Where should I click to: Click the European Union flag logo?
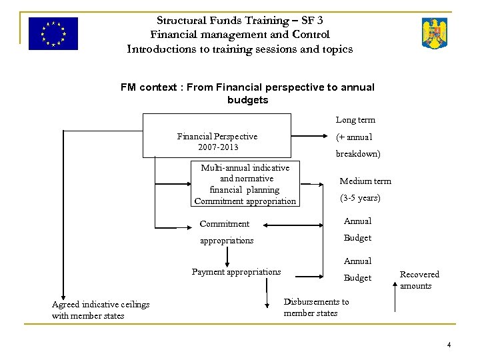click(53, 33)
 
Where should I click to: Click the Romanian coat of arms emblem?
click(435, 33)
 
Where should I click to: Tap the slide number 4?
click(449, 345)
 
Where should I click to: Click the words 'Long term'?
click(355, 120)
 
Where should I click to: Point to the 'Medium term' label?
click(365, 181)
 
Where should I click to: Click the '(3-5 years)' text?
click(360, 198)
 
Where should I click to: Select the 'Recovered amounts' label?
click(419, 280)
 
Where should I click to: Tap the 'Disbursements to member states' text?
click(316, 307)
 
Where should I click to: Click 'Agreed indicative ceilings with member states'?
click(101, 310)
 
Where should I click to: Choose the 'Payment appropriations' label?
click(236, 272)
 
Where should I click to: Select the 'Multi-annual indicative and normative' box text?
click(245, 173)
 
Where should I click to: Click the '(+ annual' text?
click(353, 137)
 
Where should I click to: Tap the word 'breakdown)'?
click(358, 154)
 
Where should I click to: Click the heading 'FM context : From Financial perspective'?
click(247, 87)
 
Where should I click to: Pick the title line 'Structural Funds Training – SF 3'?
click(239, 21)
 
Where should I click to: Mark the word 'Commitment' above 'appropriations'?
click(225, 224)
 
